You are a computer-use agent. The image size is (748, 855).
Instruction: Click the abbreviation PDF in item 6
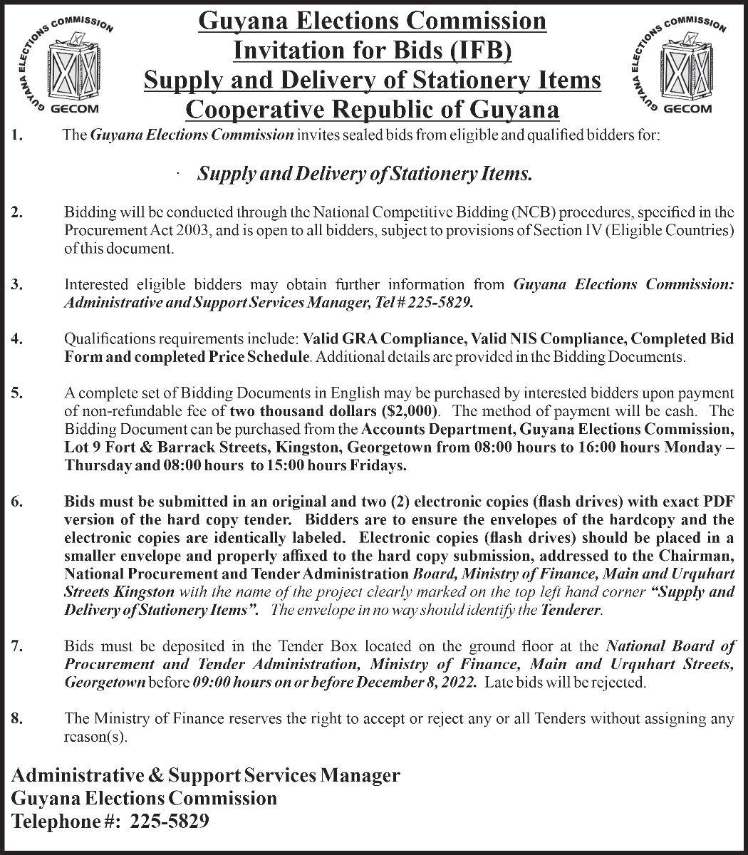(718, 502)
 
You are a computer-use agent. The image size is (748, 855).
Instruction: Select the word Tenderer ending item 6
(576, 611)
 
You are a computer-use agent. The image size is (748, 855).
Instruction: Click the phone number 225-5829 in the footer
(170, 822)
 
